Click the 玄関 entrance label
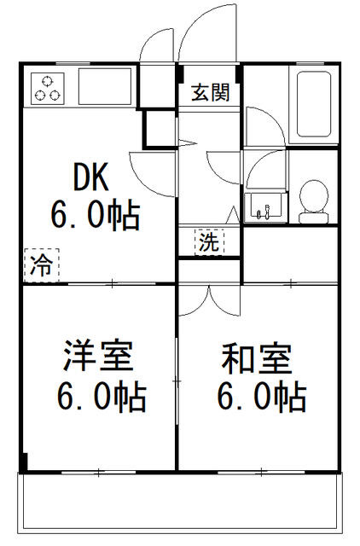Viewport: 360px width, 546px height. [211, 93]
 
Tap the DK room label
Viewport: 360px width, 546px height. [91, 177]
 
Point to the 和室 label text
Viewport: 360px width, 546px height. [257, 358]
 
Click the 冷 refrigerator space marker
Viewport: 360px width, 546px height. [42, 265]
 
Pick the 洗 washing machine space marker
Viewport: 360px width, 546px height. [209, 241]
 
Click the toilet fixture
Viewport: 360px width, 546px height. [314, 201]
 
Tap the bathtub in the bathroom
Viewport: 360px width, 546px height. [314, 104]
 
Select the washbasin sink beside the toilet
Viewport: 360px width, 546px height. [265, 207]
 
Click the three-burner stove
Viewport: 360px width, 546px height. [48, 89]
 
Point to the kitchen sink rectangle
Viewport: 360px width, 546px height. [105, 86]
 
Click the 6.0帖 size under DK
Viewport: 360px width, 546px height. [96, 215]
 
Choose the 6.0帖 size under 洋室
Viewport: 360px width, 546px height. [102, 397]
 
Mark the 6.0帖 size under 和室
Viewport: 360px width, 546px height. [262, 397]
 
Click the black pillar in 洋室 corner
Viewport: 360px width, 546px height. [23, 462]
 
